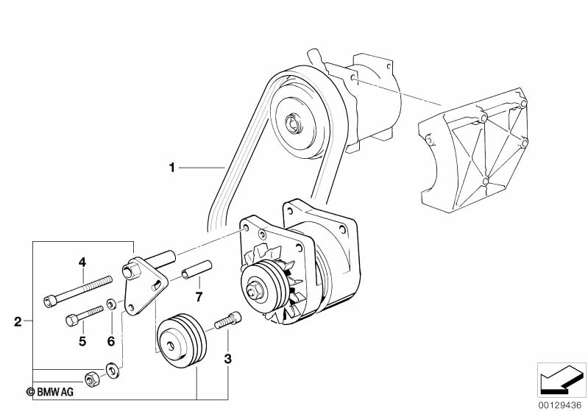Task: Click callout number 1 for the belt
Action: pos(171,168)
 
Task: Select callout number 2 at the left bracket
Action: pos(18,321)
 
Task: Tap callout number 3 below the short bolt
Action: pos(228,359)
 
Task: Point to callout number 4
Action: pos(82,261)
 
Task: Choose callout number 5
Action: pos(82,340)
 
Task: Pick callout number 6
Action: pos(111,340)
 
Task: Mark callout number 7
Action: pos(198,296)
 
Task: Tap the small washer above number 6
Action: pos(110,303)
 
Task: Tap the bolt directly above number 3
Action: pos(227,322)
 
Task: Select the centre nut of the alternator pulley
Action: pos(258,290)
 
